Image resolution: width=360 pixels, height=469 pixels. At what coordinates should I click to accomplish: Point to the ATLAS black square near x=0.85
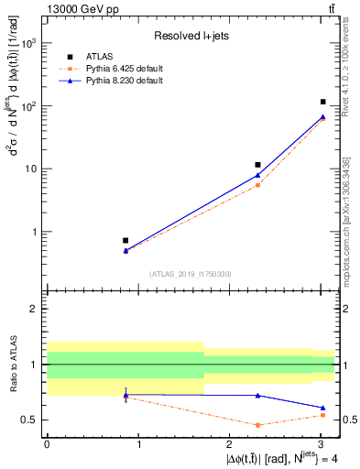125,240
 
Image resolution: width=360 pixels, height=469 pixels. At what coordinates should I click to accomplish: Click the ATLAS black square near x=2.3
258,165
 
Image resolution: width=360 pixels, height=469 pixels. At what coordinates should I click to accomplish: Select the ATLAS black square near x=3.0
322,102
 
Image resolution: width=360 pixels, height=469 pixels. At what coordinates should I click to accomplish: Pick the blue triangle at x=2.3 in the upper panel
258,175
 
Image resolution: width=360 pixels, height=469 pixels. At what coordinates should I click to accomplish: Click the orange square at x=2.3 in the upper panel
258,185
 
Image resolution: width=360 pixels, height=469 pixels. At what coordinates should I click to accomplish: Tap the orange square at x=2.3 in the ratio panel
258,425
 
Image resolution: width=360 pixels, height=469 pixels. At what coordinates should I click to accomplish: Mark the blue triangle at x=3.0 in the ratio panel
322,408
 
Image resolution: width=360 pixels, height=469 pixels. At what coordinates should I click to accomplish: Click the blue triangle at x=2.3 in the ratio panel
258,395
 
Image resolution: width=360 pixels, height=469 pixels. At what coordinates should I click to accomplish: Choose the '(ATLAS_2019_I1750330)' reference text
191,274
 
